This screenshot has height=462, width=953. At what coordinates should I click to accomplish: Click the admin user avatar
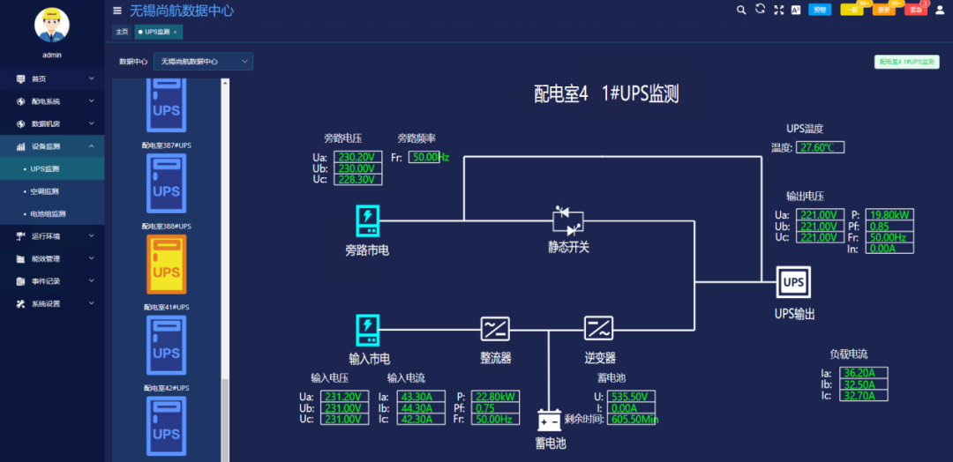(x=52, y=25)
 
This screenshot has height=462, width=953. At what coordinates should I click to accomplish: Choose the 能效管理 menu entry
(x=46, y=258)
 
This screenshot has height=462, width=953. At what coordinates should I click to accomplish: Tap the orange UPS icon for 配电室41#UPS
(x=166, y=265)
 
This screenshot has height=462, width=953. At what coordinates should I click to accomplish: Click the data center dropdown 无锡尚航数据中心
(x=203, y=62)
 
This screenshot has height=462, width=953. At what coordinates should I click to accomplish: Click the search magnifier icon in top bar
(x=741, y=10)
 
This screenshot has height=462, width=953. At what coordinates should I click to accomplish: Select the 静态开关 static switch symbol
(x=568, y=222)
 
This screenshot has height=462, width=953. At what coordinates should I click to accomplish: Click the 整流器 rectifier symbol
(x=495, y=329)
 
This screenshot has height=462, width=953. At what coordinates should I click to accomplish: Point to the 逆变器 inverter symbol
(x=598, y=329)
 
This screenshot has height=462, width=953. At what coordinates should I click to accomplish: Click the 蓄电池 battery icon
(x=551, y=421)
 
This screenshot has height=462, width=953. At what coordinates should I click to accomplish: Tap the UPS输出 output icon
(x=793, y=282)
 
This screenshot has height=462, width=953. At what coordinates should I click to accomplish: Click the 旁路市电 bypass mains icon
(x=367, y=220)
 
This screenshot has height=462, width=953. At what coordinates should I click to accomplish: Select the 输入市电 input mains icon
(x=367, y=329)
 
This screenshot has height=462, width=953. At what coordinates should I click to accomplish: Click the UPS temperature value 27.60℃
(x=820, y=147)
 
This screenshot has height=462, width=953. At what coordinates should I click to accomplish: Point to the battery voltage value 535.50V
(x=631, y=397)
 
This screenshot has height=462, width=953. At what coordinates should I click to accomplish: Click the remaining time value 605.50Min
(x=631, y=419)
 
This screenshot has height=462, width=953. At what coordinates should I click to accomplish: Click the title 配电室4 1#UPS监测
(x=606, y=94)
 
